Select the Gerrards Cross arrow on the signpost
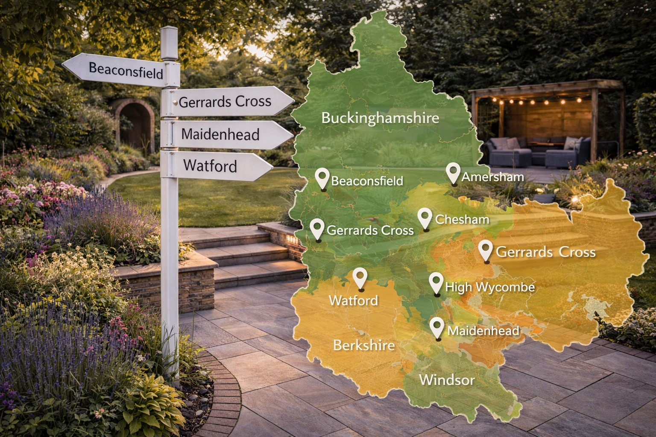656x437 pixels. pyautogui.click(x=226, y=102)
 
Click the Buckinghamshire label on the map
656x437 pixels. pyautogui.click(x=380, y=118)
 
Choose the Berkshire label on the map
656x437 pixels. pyautogui.click(x=364, y=345)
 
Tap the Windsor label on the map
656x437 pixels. pyautogui.click(x=447, y=380)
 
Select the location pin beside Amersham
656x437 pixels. pyautogui.click(x=453, y=172)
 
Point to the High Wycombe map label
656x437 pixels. pyautogui.click(x=490, y=287)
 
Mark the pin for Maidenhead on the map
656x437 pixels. pyautogui.click(x=437, y=327)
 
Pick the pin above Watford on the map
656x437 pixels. pyautogui.click(x=360, y=278)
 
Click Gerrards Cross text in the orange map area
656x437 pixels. pyautogui.click(x=545, y=252)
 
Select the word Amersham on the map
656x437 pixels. pyautogui.click(x=492, y=177)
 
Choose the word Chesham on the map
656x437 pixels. pyautogui.click(x=462, y=219)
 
